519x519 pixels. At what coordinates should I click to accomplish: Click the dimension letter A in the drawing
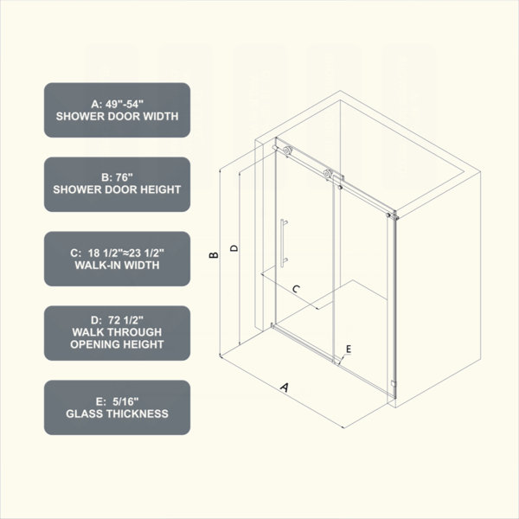(285, 387)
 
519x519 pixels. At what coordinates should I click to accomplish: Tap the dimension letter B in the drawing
(214, 255)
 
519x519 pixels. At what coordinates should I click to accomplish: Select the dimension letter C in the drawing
(296, 289)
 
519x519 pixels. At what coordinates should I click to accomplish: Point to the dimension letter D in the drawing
(234, 248)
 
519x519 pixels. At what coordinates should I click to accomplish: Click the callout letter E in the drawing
(349, 349)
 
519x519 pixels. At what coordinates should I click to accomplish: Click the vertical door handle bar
(282, 242)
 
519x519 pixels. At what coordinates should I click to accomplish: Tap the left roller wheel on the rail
(288, 150)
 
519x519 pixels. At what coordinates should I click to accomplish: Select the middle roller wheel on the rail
(329, 173)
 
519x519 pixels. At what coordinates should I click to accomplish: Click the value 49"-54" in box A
(125, 105)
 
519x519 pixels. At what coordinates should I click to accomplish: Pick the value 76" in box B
(124, 177)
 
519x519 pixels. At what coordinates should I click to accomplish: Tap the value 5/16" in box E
(125, 401)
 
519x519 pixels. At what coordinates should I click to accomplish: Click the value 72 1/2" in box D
(125, 320)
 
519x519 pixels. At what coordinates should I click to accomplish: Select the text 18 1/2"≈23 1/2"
(125, 253)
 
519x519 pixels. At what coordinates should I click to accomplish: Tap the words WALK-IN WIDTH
(117, 266)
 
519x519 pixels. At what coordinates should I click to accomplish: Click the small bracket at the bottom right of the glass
(393, 383)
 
